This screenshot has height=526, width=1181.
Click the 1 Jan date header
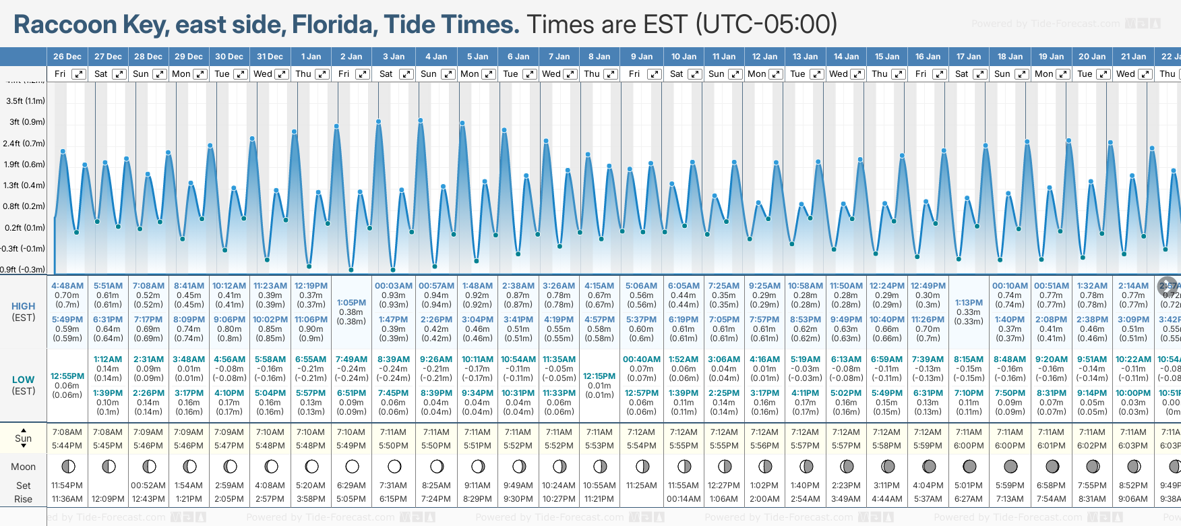311,57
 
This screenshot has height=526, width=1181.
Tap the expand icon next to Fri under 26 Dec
79,74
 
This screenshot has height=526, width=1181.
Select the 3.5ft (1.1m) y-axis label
26,101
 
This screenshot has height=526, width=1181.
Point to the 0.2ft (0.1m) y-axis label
24,228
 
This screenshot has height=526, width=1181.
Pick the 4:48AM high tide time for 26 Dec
67,286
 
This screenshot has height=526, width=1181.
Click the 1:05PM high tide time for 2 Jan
351,303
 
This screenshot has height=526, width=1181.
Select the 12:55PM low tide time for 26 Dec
67,376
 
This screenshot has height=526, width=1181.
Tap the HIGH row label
24,306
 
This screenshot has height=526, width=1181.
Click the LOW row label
23,380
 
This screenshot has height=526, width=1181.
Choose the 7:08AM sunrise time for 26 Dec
67,432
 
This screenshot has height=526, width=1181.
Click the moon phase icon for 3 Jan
394,466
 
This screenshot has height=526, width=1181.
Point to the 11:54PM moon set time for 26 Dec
67,486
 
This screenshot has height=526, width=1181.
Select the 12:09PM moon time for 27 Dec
108,499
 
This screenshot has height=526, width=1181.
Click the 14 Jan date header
846,57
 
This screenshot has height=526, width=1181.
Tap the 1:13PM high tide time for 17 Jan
969,303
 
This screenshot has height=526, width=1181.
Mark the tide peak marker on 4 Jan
421,121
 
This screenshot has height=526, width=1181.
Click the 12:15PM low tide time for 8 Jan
599,376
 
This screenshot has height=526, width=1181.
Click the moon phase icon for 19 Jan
1052,466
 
